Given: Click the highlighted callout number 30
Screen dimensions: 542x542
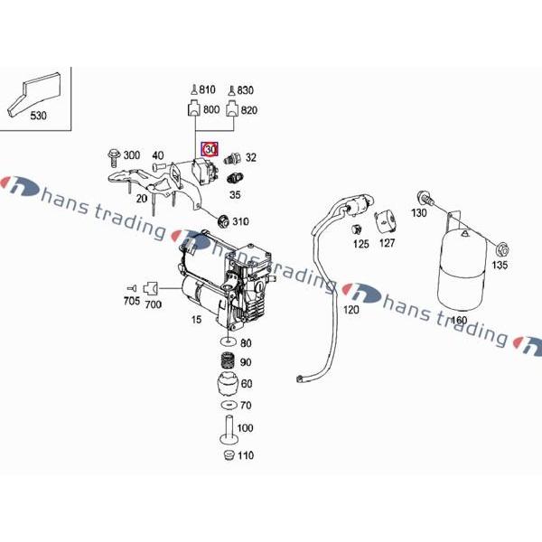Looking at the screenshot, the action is pyautogui.click(x=210, y=149).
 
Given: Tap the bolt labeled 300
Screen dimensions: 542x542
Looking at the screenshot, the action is pyautogui.click(x=114, y=158).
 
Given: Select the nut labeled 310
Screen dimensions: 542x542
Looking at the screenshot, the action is pyautogui.click(x=224, y=221).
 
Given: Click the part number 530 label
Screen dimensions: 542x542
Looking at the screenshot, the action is pyautogui.click(x=38, y=116).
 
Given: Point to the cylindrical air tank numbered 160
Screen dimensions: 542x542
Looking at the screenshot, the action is pyautogui.click(x=462, y=269).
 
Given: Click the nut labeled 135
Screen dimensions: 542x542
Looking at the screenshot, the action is pyautogui.click(x=502, y=249).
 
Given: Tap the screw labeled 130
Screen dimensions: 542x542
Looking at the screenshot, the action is pyautogui.click(x=425, y=198).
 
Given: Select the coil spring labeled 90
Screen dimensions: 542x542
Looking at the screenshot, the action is pyautogui.click(x=229, y=361).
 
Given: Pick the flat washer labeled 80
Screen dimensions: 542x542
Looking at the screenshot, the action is pyautogui.click(x=229, y=342).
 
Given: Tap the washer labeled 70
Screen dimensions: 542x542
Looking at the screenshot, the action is pyautogui.click(x=229, y=405).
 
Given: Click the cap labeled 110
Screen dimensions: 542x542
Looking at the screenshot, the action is pyautogui.click(x=229, y=455).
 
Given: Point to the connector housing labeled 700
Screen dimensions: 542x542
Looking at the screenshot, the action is pyautogui.click(x=151, y=288).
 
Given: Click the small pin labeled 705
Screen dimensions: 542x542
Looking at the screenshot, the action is pyautogui.click(x=132, y=288).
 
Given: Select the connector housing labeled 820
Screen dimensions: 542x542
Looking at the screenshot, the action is pyautogui.click(x=232, y=108).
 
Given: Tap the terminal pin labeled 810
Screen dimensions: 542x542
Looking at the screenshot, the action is pyautogui.click(x=194, y=89).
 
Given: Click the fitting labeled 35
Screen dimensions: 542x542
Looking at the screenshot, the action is pyautogui.click(x=235, y=179).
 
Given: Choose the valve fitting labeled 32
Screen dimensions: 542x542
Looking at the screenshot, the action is pyautogui.click(x=231, y=159).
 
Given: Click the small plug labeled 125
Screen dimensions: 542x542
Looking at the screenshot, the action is pyautogui.click(x=357, y=229).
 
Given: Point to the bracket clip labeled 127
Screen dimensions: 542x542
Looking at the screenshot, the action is pyautogui.click(x=385, y=221).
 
